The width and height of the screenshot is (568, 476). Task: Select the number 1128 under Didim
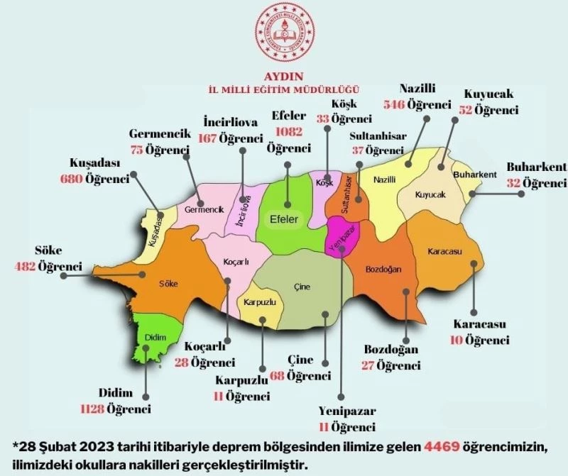(93, 409)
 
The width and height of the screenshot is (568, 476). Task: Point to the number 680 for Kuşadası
(72, 179)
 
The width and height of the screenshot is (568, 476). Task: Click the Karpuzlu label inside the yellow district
(259, 302)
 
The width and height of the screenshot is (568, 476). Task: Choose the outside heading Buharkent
(536, 167)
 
